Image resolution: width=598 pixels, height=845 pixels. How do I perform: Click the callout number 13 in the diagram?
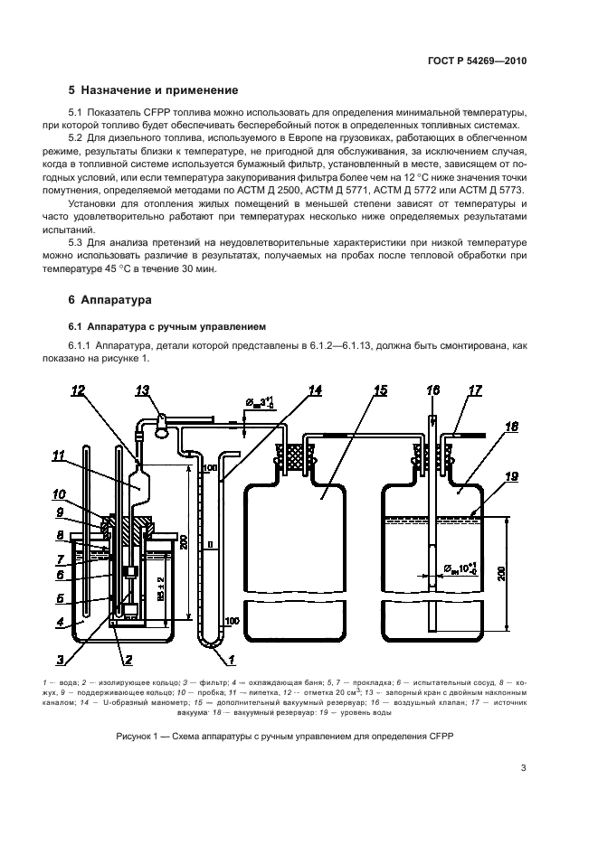[x=141, y=390]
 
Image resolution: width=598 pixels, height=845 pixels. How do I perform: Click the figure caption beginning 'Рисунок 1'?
[x=284, y=737]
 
